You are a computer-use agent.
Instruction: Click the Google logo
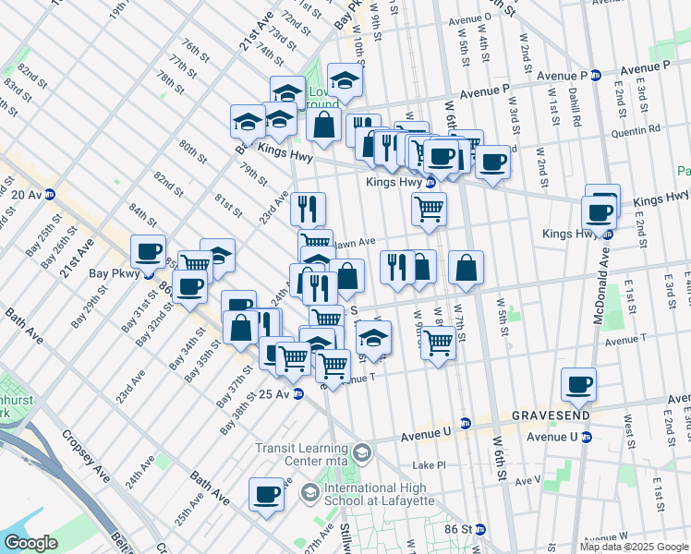[31, 543]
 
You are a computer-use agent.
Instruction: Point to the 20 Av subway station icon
[50, 194]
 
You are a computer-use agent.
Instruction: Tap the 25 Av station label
[275, 394]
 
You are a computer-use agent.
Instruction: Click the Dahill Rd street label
[575, 108]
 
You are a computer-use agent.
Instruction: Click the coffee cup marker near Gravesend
[578, 384]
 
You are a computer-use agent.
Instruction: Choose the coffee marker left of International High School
[267, 493]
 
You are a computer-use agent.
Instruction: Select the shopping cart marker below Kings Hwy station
[430, 210]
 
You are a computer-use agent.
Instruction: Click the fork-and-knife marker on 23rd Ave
[308, 208]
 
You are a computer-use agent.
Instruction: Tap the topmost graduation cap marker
[345, 80]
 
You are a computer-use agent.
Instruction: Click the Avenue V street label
[527, 480]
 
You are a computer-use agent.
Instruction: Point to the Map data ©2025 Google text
[633, 547]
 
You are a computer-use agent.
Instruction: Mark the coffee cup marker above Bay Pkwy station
[149, 251]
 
